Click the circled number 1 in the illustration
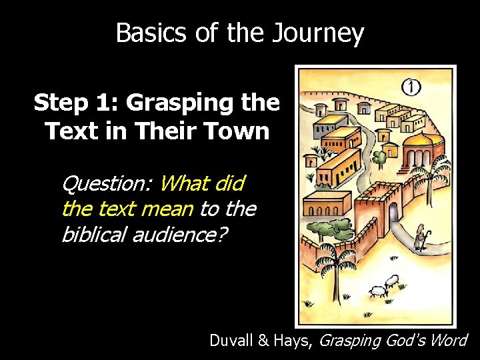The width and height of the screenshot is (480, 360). (411, 87)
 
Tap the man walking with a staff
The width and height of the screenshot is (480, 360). (419, 237)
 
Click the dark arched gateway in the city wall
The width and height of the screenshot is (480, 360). (394, 212)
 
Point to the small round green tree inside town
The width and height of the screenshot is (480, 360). (379, 159)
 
